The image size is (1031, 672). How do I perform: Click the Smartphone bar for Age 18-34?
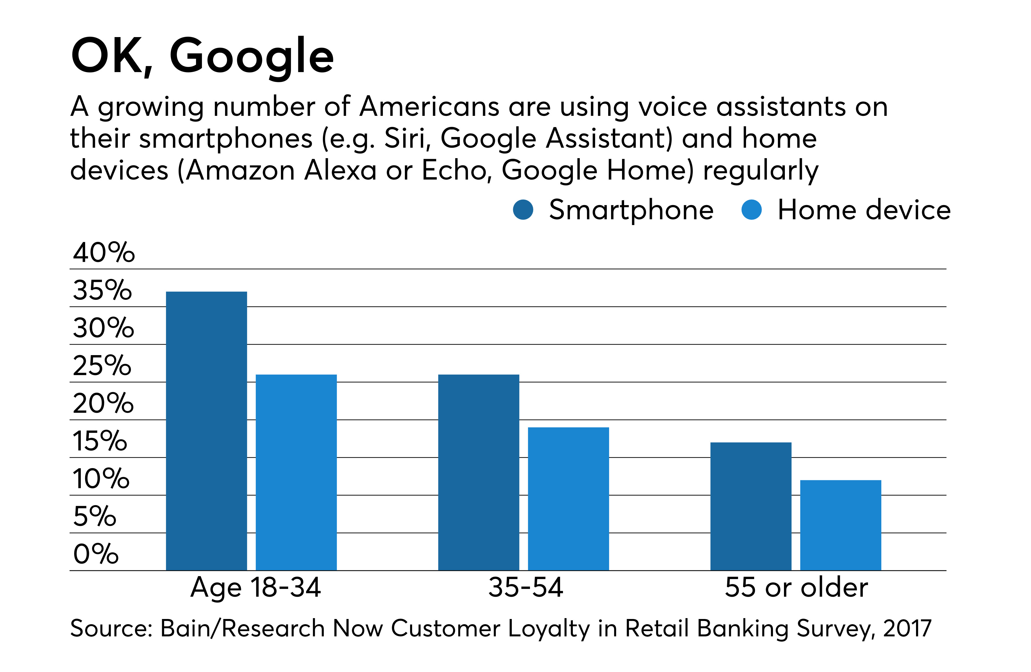[206, 431]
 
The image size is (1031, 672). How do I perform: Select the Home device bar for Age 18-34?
[296, 472]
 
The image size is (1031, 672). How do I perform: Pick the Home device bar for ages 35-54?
[568, 499]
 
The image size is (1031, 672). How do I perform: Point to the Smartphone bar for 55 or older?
[750, 506]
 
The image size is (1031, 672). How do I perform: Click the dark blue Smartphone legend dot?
[522, 210]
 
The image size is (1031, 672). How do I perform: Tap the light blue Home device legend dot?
[751, 210]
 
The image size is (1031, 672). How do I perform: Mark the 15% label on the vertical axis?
[100, 441]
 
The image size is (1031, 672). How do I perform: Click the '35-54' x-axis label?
[525, 587]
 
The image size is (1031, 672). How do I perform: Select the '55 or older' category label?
[796, 587]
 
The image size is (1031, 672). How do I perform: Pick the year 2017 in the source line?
[907, 628]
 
